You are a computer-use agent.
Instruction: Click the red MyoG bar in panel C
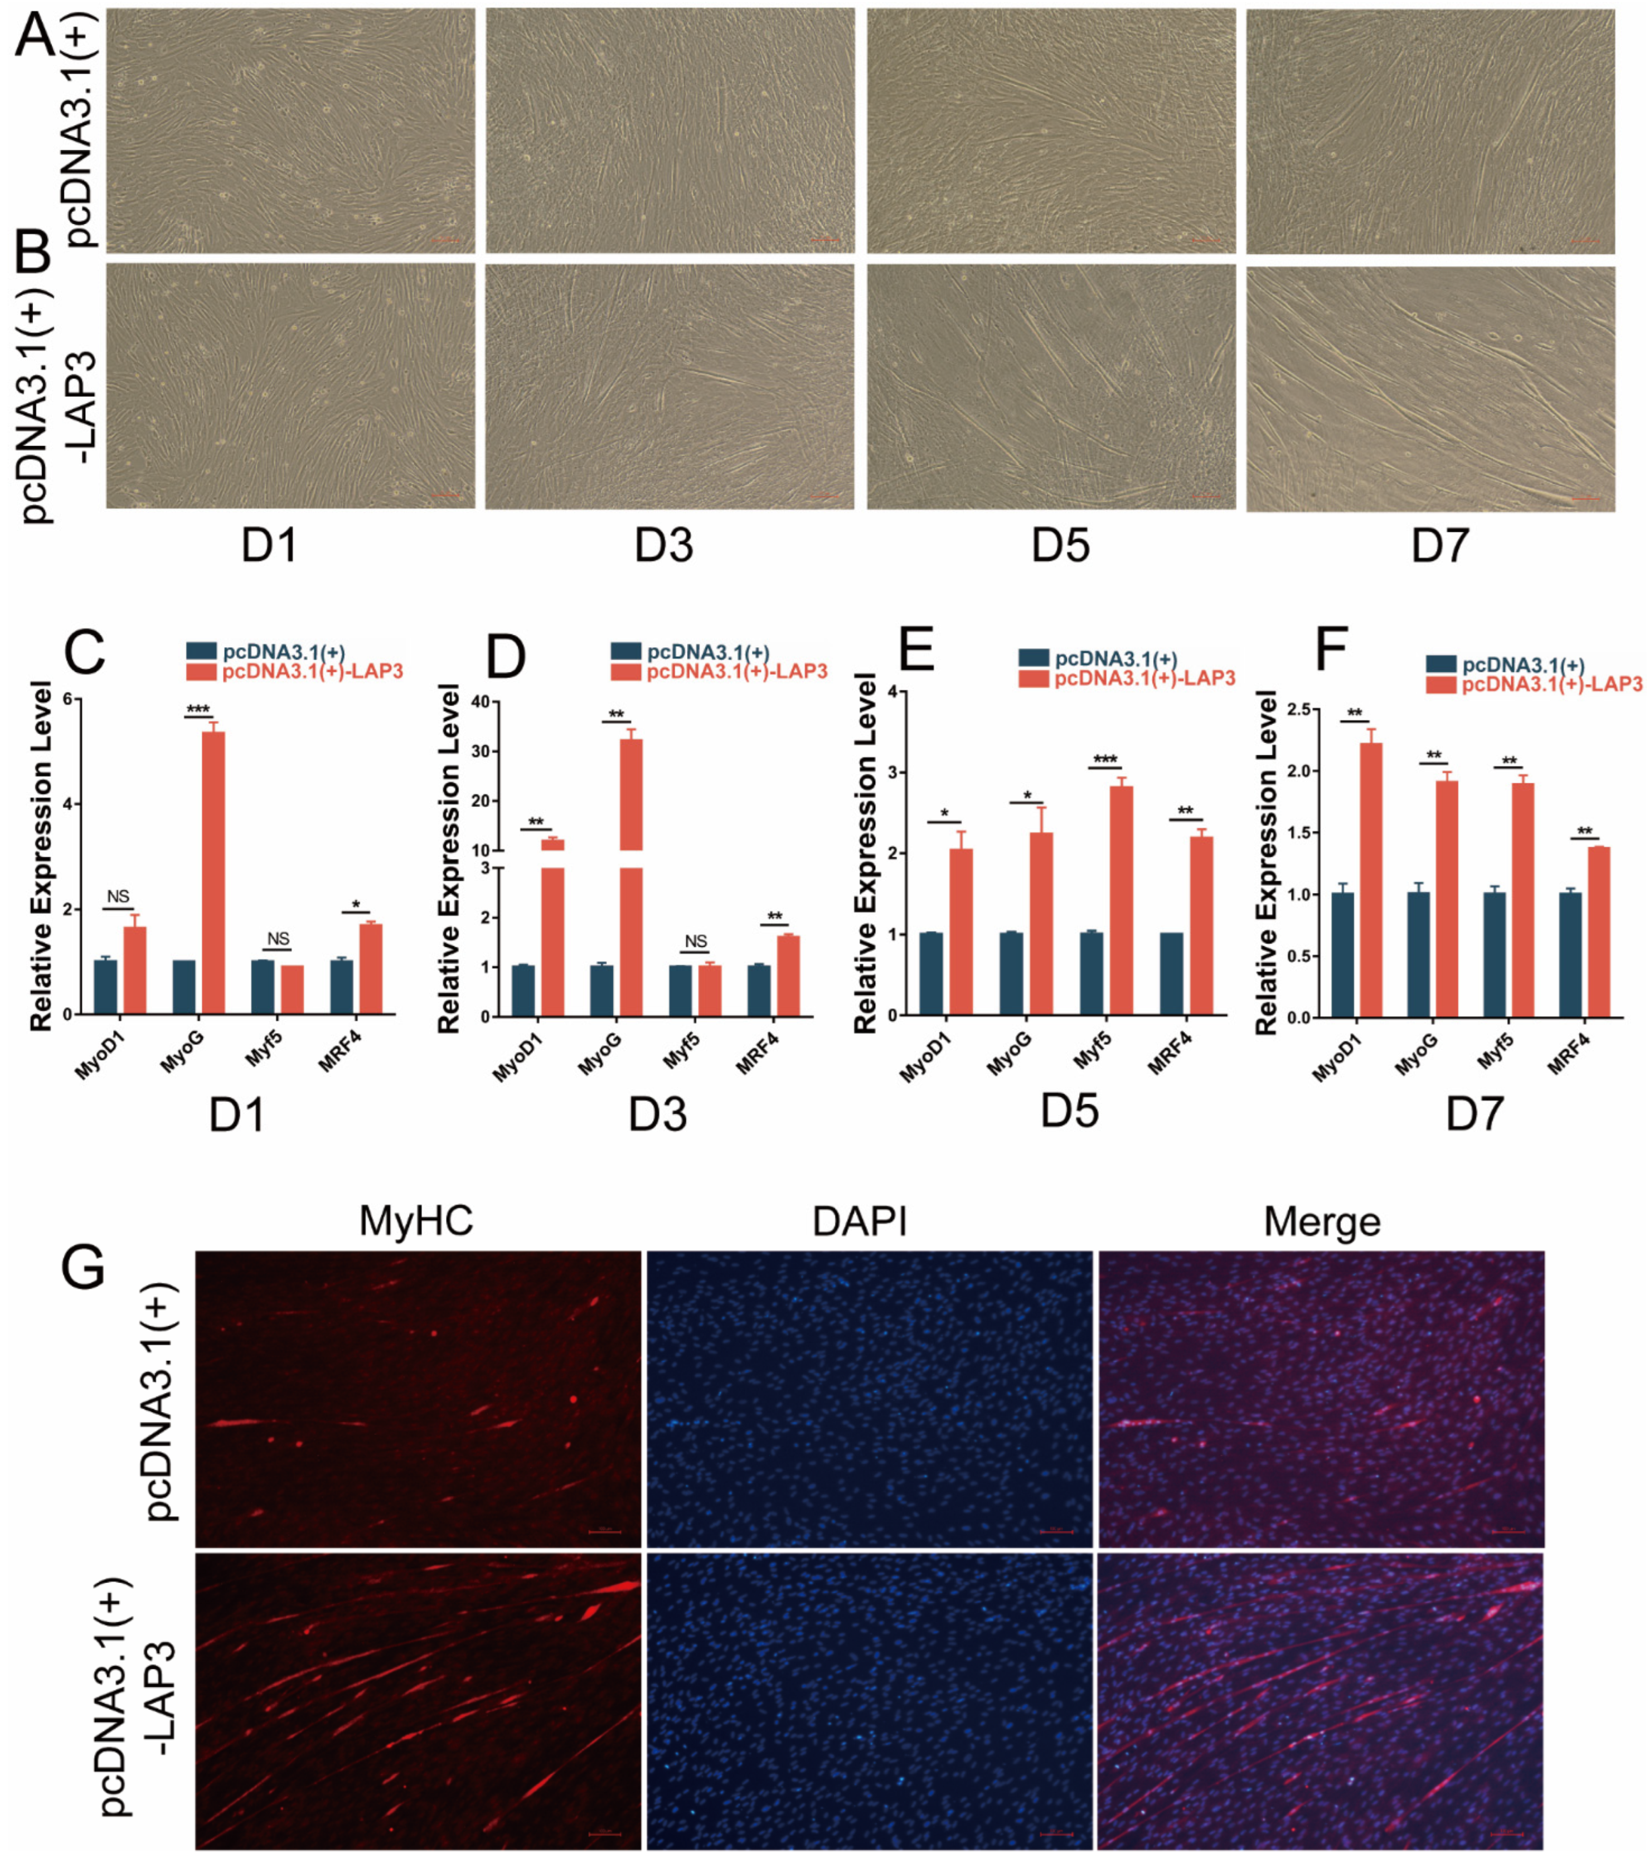tap(213, 872)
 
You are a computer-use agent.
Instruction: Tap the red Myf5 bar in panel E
tap(1121, 900)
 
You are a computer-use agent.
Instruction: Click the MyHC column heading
tap(416, 1221)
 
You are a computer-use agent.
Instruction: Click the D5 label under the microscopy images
tap(1060, 545)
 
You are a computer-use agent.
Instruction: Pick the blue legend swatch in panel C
tap(201, 651)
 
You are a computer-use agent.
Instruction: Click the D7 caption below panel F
tap(1475, 1114)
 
